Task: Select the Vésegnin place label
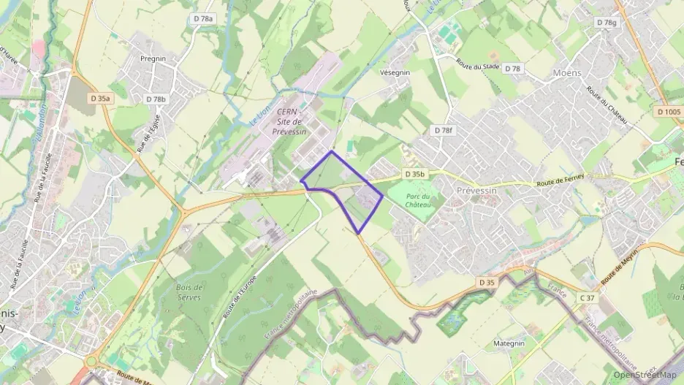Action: click(x=395, y=72)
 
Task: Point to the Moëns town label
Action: click(x=568, y=72)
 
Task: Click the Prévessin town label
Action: click(x=476, y=188)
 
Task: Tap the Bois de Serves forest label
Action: click(x=189, y=292)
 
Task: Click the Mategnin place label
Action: click(x=509, y=343)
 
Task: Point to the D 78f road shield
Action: click(x=443, y=130)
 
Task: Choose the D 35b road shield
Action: click(x=414, y=175)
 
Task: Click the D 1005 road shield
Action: click(x=668, y=112)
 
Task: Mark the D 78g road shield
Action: click(x=606, y=23)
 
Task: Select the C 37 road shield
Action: click(x=586, y=297)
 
